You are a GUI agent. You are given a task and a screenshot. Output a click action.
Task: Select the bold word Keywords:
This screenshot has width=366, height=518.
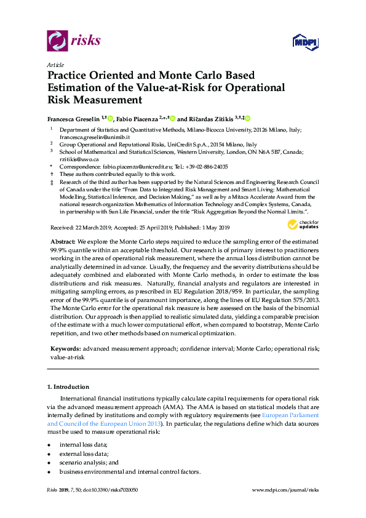(66, 349)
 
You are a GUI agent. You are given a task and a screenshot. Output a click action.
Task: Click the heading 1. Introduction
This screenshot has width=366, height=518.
(68, 387)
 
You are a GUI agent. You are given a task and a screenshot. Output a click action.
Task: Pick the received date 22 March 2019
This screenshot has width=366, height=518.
(89, 228)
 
